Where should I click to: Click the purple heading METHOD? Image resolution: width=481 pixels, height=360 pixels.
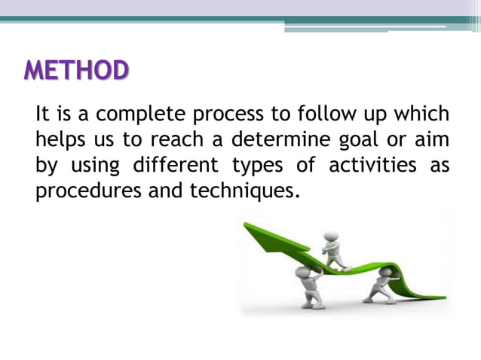(76, 71)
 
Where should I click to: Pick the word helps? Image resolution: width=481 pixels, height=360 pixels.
(62, 140)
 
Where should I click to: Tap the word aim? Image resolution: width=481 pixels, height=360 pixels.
(433, 140)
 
